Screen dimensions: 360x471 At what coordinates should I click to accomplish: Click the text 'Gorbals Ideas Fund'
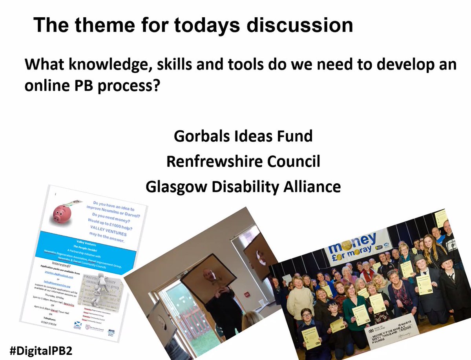[243, 136]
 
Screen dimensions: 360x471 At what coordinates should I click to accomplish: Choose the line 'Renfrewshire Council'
[243, 161]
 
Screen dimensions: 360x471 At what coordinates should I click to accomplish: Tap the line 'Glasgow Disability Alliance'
[243, 186]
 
